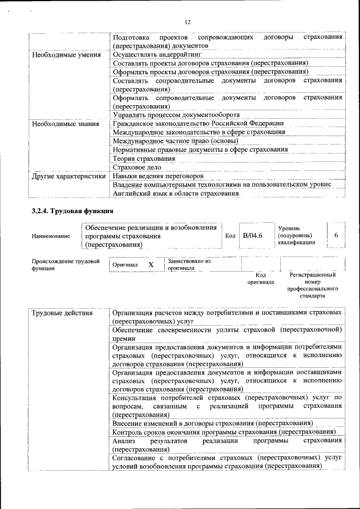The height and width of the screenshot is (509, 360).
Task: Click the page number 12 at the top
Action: pyautogui.click(x=188, y=22)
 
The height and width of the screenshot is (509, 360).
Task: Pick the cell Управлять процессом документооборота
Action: pyautogui.click(x=176, y=115)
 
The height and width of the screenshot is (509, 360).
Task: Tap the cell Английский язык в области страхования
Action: pyautogui.click(x=175, y=193)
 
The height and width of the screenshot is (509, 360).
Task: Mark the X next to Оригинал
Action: pyautogui.click(x=151, y=264)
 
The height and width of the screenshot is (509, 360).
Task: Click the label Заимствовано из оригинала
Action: pyautogui.click(x=189, y=264)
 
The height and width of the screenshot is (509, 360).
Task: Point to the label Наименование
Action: pyautogui.click(x=51, y=236)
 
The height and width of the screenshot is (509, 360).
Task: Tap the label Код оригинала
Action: pyautogui.click(x=260, y=278)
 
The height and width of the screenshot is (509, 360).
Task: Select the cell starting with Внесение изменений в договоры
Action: pyautogui.click(x=213, y=422)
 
